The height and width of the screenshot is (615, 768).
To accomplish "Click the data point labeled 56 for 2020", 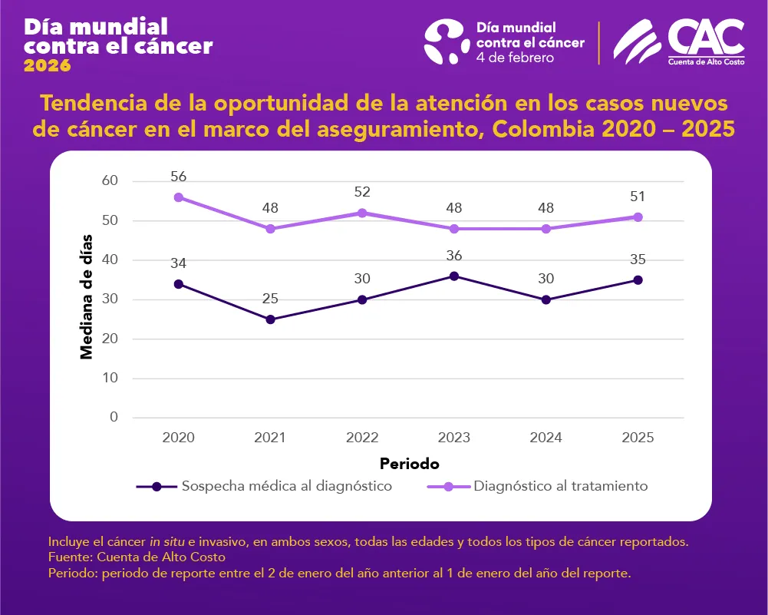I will click(179, 197).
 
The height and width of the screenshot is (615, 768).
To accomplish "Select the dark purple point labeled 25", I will click(270, 319).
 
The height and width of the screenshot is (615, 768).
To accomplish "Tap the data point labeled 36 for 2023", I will click(454, 276).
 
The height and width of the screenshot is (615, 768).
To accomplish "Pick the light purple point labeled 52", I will click(362, 213).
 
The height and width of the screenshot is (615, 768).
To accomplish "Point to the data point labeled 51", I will click(638, 217).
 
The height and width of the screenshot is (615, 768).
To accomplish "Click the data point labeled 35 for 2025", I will click(638, 280).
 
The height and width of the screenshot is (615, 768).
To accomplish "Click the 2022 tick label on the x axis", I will click(362, 438).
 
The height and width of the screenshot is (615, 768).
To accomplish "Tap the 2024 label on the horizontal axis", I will click(546, 438).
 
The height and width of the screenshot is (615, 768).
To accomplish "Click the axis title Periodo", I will click(409, 464).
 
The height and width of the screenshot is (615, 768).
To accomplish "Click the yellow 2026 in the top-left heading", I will click(48, 66).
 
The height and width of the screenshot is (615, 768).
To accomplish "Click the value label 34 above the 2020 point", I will click(179, 263).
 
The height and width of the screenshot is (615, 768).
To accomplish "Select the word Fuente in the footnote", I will click(66, 557).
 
